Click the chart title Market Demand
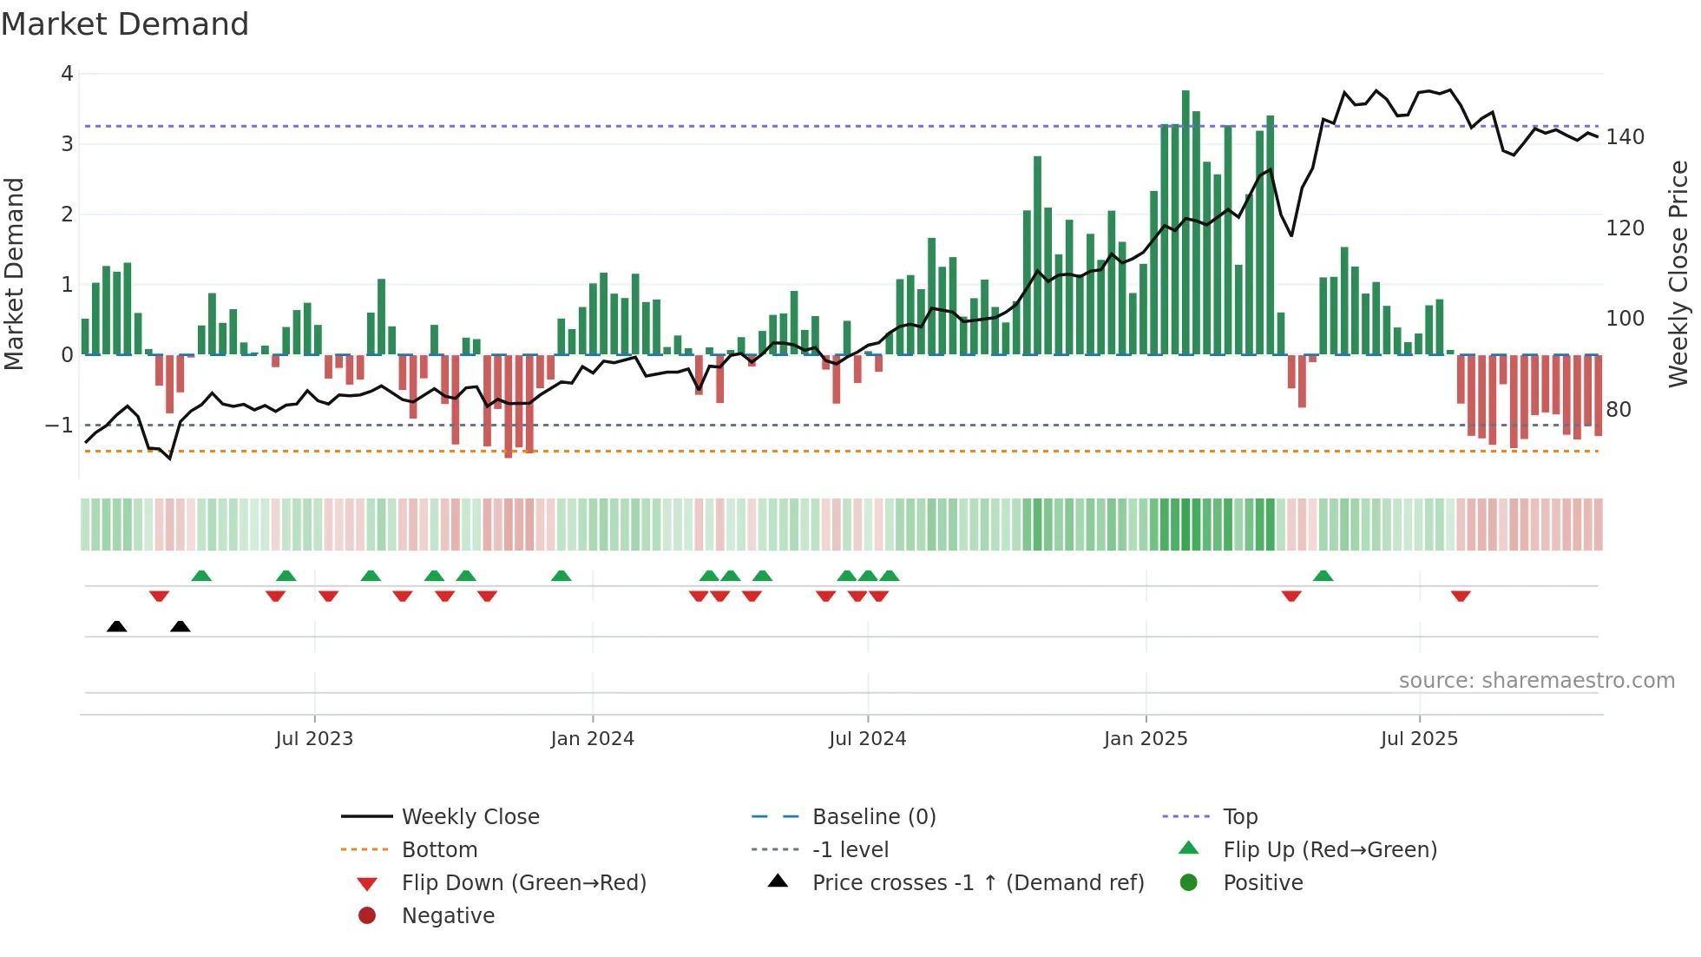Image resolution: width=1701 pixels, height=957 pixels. pos(125,24)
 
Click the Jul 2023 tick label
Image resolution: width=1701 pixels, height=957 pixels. pos(314,739)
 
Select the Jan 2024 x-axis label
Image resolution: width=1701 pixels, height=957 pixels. pos(592,739)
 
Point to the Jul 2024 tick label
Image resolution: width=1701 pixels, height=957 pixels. pos(867,739)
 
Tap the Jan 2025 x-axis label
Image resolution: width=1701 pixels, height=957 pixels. pos(1146,739)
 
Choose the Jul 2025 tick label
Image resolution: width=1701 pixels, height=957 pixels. pos(1419,739)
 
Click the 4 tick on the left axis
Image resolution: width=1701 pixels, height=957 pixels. pos(67,74)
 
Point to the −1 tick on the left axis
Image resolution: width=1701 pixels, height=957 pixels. pos(60,426)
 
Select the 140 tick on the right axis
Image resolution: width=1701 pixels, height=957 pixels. pos(1625,137)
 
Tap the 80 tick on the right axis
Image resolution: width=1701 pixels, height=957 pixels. pos(1618,410)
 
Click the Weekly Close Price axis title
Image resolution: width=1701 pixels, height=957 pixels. pos(1678,274)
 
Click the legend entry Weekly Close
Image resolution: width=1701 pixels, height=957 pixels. pos(470,817)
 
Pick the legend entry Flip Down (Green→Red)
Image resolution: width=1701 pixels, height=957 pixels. pos(523,883)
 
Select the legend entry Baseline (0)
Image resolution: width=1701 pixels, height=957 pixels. pos(873,817)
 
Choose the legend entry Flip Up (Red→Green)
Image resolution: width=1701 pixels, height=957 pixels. pos(1330,850)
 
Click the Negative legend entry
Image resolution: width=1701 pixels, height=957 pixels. pos(448,916)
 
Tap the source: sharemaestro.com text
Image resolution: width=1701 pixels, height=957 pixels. pos(1536,681)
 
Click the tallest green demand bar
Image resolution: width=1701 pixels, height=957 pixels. pos(1185,222)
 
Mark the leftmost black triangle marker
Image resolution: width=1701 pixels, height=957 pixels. pos(116,627)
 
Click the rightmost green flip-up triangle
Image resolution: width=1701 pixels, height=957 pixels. pos(1323,576)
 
